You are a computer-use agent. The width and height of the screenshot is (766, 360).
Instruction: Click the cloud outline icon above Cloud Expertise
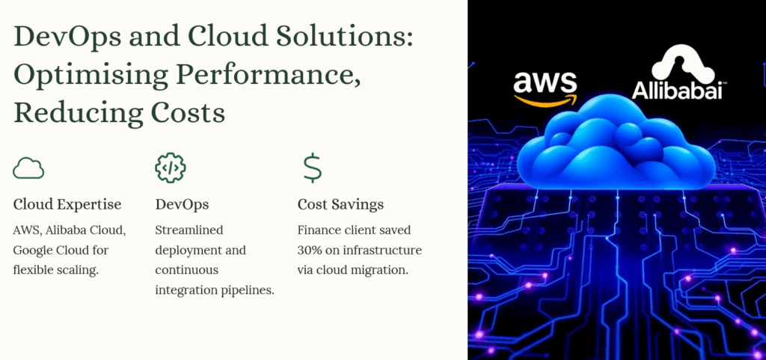[28, 168]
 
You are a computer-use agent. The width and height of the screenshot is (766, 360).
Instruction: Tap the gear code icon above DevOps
[171, 168]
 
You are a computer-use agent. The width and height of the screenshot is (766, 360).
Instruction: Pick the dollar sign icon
[312, 168]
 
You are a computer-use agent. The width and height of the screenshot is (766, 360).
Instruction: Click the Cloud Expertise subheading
[67, 204]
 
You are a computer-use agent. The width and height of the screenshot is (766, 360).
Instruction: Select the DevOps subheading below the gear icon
[182, 204]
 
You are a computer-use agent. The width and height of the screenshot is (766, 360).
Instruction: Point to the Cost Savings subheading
[340, 204]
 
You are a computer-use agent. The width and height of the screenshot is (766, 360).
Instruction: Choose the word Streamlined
[189, 230]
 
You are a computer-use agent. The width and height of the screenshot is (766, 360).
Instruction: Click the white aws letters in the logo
[545, 83]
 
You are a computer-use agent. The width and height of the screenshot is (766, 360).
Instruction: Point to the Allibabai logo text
[676, 91]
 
